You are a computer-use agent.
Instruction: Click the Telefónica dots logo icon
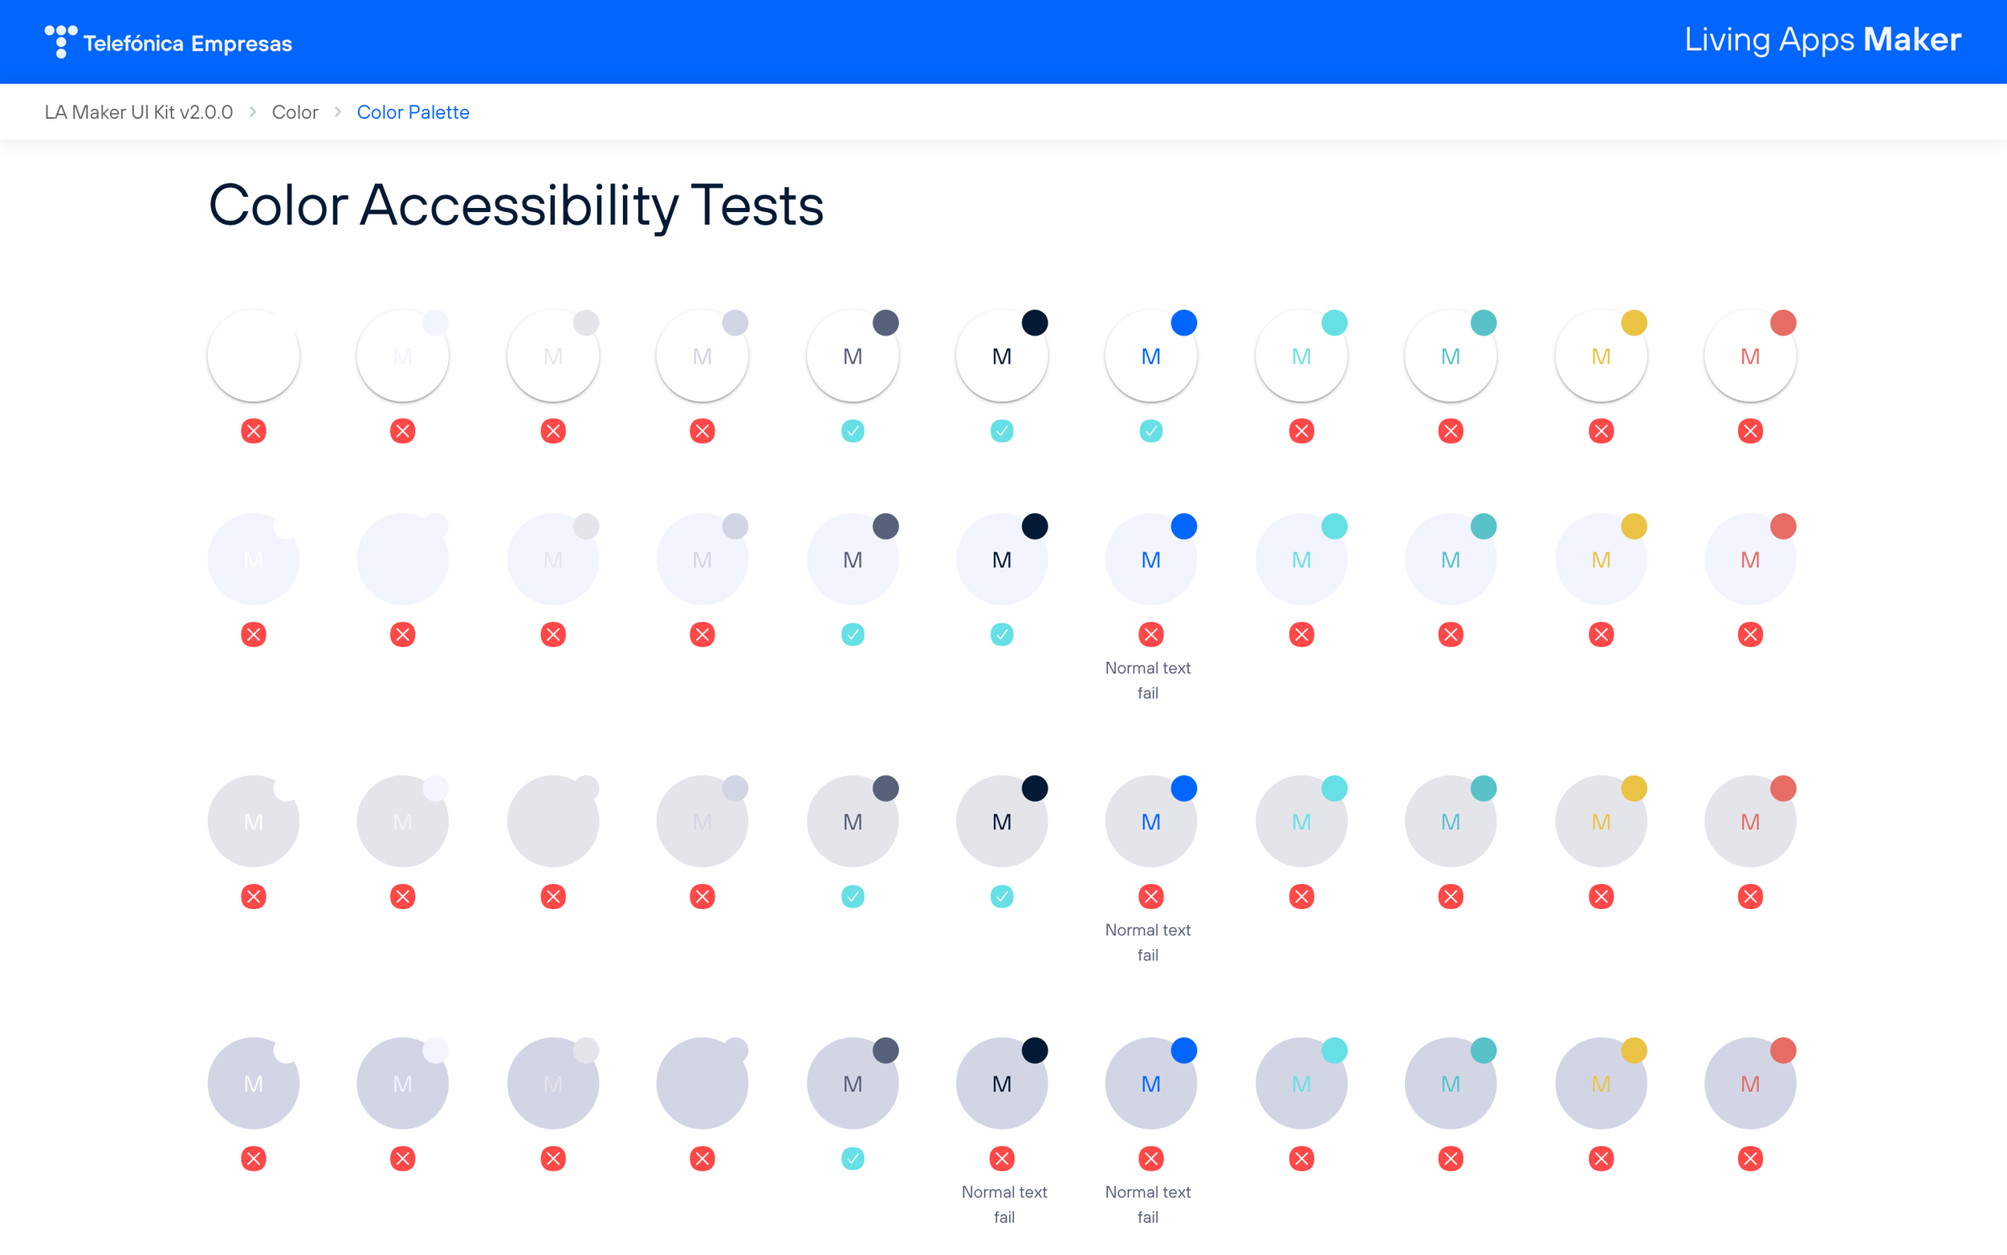click(60, 41)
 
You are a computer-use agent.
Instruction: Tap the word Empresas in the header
click(242, 43)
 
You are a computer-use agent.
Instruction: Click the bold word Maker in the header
click(1911, 40)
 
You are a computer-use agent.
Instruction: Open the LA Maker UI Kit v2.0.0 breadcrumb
click(139, 112)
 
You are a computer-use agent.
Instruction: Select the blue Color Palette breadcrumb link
click(413, 112)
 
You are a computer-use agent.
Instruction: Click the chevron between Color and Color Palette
click(338, 112)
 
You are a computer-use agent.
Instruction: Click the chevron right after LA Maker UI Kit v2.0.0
click(252, 112)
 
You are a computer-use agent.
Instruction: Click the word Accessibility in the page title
click(519, 206)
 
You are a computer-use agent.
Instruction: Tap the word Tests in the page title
click(757, 206)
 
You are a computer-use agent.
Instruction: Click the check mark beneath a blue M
click(1150, 431)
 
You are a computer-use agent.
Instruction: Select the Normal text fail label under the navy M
click(1004, 1204)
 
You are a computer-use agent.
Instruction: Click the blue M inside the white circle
click(1150, 357)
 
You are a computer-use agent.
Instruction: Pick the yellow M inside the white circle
click(1601, 357)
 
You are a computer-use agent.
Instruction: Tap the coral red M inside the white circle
click(1750, 357)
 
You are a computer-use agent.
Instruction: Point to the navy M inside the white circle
click(1001, 357)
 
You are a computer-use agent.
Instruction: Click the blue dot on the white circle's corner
click(1184, 323)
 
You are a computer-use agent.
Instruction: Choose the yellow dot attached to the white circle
click(1634, 323)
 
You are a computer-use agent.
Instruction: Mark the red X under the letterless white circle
click(253, 431)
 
